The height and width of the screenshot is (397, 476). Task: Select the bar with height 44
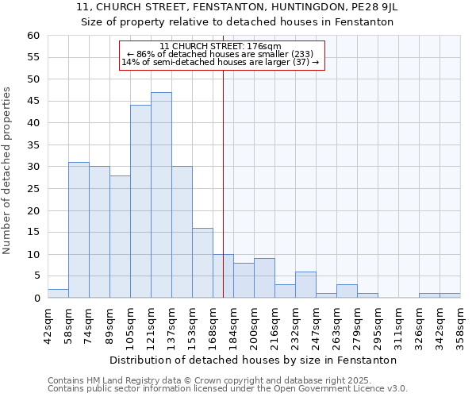pyautogui.click(x=140, y=202)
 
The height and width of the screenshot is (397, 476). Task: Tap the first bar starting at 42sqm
pyautogui.click(x=58, y=294)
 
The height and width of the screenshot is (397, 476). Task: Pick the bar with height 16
pyautogui.click(x=202, y=263)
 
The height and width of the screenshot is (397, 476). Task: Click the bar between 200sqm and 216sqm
pyautogui.click(x=264, y=278)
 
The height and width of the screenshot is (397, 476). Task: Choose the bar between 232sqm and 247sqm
pyautogui.click(x=305, y=284)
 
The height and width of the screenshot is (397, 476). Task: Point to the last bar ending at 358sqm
pyautogui.click(x=450, y=295)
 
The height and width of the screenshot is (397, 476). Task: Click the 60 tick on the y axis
pyautogui.click(x=33, y=36)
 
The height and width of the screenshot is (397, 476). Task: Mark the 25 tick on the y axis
pyautogui.click(x=33, y=189)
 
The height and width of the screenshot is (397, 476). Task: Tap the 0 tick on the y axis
pyautogui.click(x=36, y=298)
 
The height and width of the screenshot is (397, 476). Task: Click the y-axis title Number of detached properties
pyautogui.click(x=8, y=171)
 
